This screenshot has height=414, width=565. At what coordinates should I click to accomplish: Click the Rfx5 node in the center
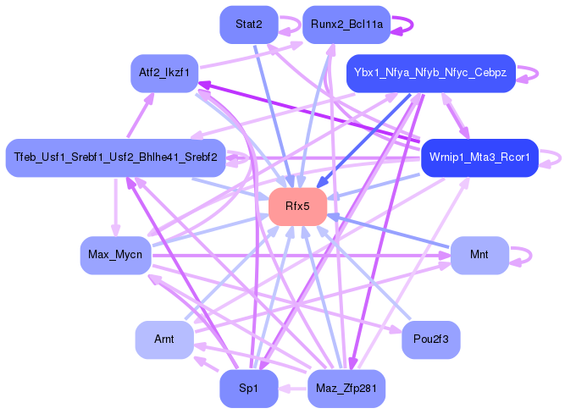click(297, 207)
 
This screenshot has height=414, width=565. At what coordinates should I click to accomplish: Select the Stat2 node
click(249, 25)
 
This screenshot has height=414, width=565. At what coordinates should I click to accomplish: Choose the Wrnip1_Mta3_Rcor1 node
click(479, 157)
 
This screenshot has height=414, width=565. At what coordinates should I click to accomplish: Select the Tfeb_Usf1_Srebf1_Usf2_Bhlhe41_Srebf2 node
click(114, 157)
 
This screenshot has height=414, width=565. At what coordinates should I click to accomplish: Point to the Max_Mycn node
click(115, 255)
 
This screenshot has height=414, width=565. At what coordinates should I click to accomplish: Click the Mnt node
click(479, 255)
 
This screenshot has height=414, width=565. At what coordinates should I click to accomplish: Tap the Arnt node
click(164, 339)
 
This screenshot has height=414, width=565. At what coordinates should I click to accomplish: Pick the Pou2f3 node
click(431, 339)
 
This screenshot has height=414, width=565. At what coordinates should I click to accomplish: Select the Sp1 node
click(249, 389)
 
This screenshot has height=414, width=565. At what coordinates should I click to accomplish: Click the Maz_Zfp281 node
click(346, 389)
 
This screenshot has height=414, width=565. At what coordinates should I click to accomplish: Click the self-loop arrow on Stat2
click(294, 25)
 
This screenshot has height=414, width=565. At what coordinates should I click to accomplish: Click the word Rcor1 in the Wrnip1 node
click(512, 157)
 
